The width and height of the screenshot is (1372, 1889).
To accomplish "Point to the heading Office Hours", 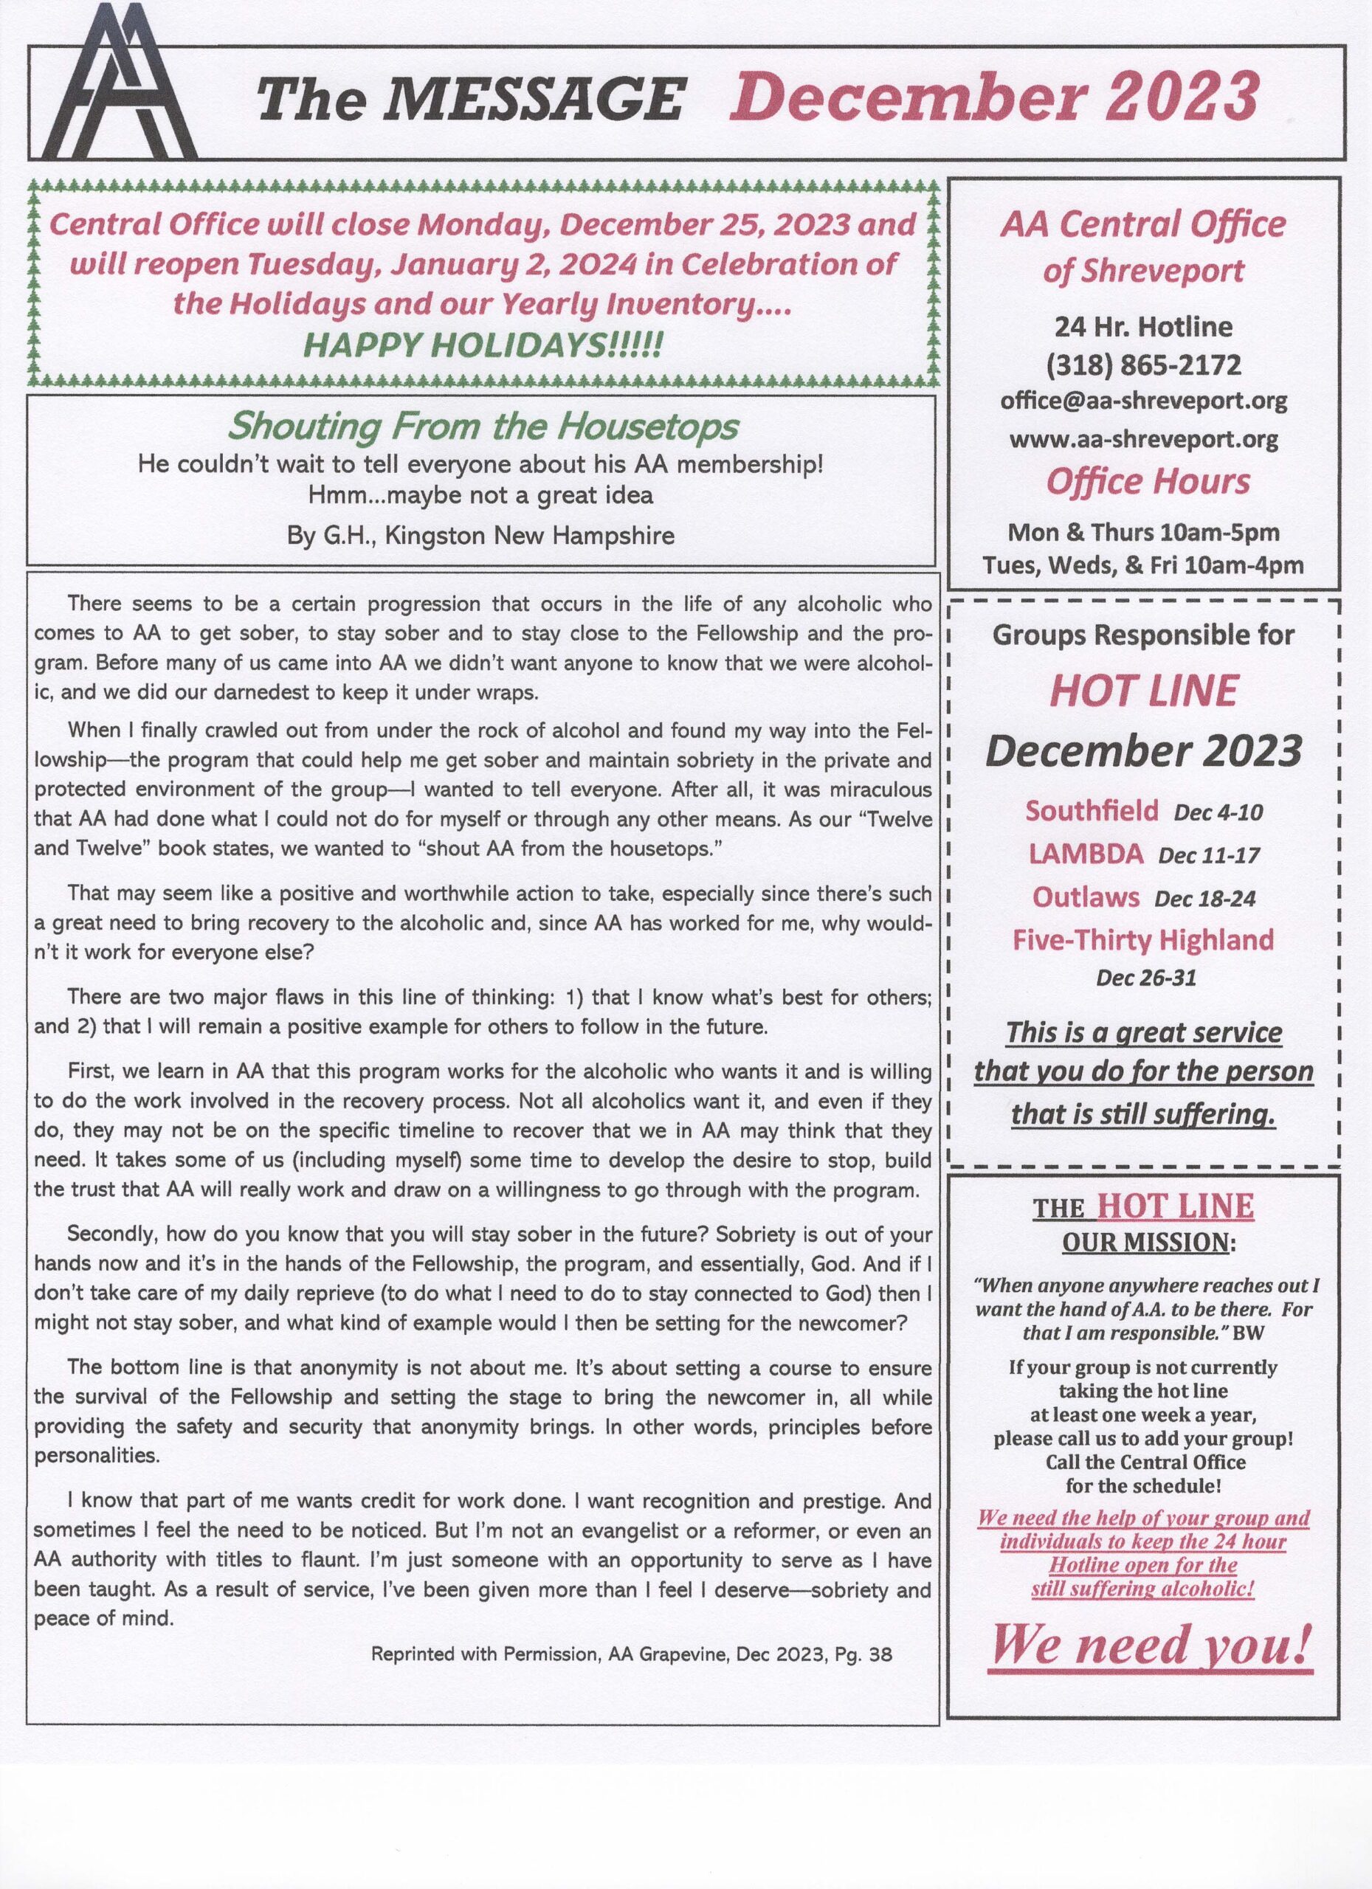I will pos(1147,481).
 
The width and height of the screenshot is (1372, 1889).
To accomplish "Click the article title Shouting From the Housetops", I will pos(483,427).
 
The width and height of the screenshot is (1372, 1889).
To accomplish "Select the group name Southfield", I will pos(1092,810).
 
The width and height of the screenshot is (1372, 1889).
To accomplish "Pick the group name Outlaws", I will pos(1086,897).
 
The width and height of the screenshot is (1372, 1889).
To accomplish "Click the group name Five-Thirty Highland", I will pos(1143,939).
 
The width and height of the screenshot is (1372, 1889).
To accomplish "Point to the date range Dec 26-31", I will pos(1145,978).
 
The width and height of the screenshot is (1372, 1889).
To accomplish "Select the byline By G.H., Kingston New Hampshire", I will pos(480,535).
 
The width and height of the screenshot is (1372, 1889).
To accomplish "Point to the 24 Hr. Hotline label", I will pos(1143,326).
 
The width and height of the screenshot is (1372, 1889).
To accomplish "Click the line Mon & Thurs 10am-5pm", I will pos(1143,531).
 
